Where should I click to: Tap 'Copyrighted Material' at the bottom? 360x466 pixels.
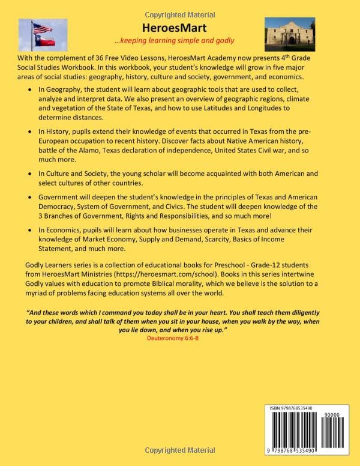pos(179,460)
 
